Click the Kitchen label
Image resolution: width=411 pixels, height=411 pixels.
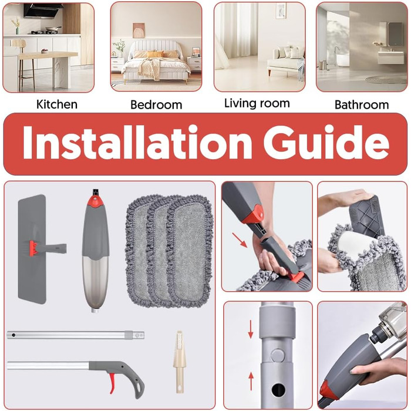[x=57, y=105]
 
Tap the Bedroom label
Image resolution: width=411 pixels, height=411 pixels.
[x=156, y=105]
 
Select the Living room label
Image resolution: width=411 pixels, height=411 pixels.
[x=257, y=103]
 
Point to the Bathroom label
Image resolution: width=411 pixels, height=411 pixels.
[x=362, y=105]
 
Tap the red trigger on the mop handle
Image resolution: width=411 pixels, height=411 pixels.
[x=112, y=383]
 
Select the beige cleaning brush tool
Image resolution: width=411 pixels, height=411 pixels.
[x=179, y=362]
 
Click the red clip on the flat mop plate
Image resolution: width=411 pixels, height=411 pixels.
[x=33, y=248]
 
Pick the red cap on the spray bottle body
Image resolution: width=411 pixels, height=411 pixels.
[x=95, y=201]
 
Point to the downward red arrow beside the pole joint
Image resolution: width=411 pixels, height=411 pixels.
[x=251, y=329]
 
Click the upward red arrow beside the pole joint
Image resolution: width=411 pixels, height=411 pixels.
[x=251, y=381]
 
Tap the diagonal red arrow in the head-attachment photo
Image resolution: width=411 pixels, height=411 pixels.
[x=240, y=240]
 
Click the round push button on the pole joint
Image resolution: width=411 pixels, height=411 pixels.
[x=278, y=355]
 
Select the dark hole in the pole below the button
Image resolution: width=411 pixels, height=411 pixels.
[x=278, y=390]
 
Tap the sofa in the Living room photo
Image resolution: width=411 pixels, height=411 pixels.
[x=287, y=62]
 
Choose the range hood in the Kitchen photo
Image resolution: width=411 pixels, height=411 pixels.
[x=43, y=11]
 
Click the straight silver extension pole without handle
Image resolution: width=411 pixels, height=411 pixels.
[x=76, y=335]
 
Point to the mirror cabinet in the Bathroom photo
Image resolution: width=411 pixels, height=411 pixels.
[x=395, y=34]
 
